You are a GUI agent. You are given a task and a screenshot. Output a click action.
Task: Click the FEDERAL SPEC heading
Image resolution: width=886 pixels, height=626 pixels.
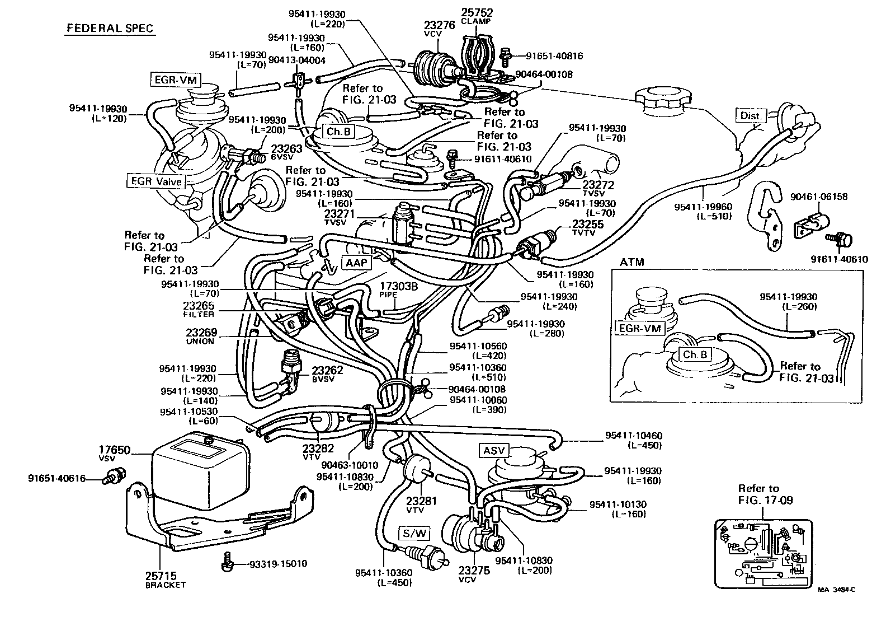(x=110, y=28)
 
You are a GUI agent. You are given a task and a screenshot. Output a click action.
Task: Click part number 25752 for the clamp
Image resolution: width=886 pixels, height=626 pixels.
(x=477, y=12)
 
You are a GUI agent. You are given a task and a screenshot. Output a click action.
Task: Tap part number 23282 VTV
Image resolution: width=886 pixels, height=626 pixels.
(x=318, y=448)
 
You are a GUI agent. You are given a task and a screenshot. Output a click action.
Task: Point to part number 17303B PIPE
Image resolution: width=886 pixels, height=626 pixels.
(x=399, y=286)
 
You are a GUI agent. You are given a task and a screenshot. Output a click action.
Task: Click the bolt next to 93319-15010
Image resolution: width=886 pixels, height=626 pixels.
(x=227, y=562)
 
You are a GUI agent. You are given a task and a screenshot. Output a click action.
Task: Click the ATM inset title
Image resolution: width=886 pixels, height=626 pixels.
(x=632, y=262)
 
